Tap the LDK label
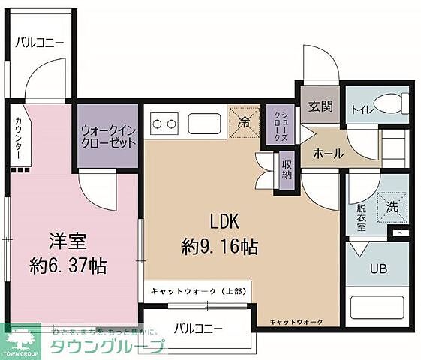point(223,221)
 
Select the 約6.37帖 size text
point(68,265)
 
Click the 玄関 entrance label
point(320,106)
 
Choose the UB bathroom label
point(377,268)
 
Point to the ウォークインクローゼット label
point(109,136)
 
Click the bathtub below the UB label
point(378,307)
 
